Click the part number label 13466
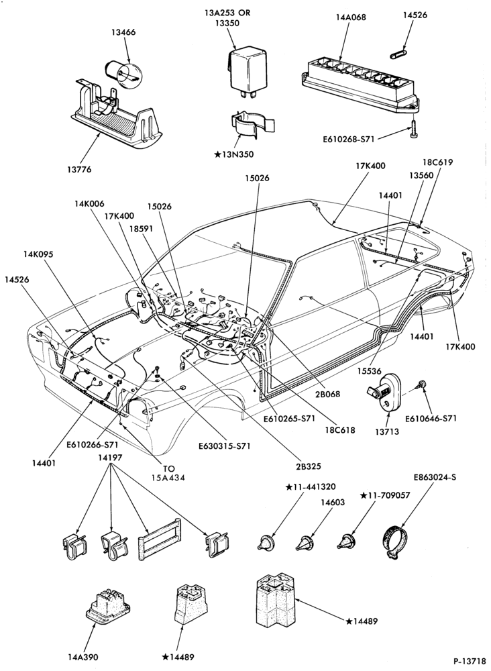(x=125, y=32)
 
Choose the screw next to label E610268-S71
(x=413, y=128)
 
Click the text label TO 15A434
(x=168, y=473)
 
